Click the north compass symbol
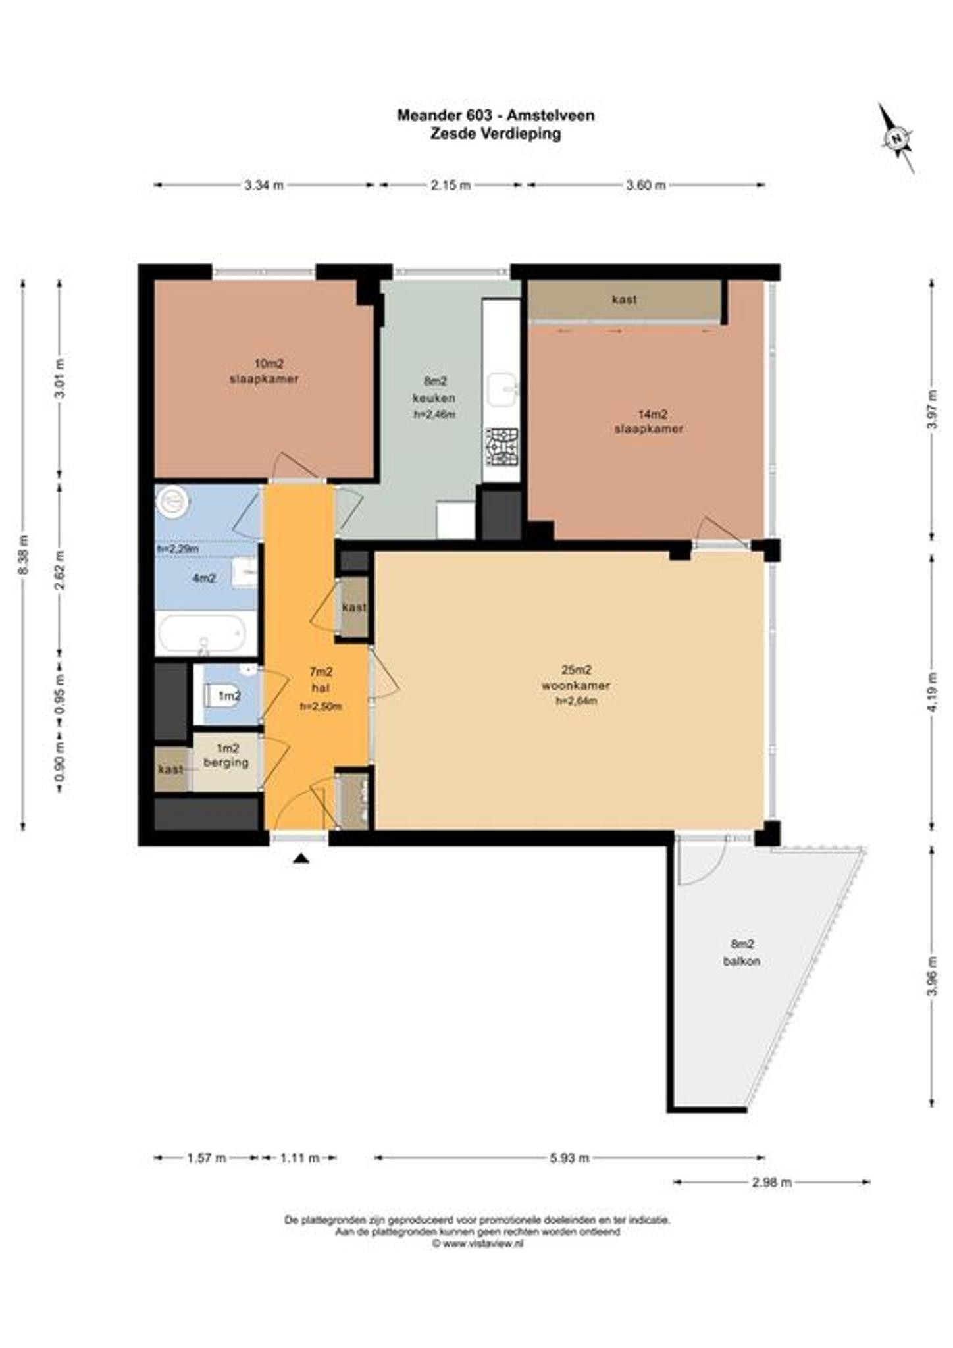pos(896,138)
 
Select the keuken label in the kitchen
pos(434,398)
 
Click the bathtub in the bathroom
pos(201,633)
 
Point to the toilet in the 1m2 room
pos(220,694)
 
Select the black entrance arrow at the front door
pos(301,857)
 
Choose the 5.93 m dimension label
pos(569,1158)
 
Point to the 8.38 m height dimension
pos(24,555)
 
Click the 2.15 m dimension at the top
pos(451,185)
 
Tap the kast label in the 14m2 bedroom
pos(624,299)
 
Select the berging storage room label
pos(226,762)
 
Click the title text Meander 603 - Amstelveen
pos(496,115)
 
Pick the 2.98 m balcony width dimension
pos(771,1182)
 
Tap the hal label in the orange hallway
pos(321,688)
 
